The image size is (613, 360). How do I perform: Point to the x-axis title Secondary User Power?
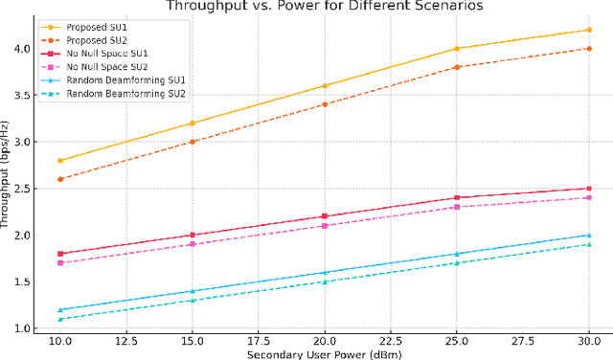tap(324, 356)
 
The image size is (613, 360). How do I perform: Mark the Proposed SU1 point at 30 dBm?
tap(588, 30)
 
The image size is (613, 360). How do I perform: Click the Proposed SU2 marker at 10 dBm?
tap(61, 179)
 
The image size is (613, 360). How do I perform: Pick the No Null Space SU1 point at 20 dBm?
tap(325, 216)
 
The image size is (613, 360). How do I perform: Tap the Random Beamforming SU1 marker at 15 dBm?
tap(193, 291)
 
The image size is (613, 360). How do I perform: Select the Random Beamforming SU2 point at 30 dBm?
tap(588, 244)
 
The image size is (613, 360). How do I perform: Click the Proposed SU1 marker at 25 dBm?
tap(456, 49)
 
